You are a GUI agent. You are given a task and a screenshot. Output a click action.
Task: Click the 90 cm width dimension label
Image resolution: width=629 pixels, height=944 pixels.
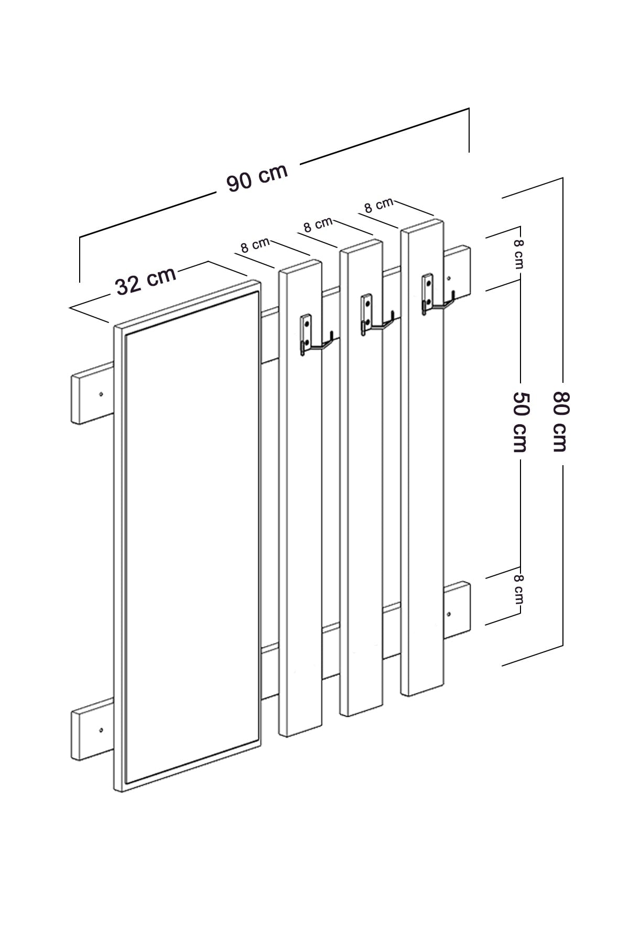[257, 177]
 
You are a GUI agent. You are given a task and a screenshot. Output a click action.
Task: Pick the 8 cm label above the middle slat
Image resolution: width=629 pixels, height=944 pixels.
[318, 224]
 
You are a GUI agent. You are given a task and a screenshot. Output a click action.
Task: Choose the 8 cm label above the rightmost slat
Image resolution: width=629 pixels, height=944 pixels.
[378, 205]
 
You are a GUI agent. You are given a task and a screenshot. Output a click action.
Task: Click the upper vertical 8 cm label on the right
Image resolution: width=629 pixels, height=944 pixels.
[518, 254]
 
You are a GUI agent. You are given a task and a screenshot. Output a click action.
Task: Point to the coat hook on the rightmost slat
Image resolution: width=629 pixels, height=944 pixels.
[434, 298]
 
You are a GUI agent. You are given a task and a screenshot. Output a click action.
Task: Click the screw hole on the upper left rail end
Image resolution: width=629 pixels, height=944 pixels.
[101, 393]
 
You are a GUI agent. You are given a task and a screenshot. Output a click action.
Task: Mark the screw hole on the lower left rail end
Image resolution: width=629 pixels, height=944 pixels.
[101, 730]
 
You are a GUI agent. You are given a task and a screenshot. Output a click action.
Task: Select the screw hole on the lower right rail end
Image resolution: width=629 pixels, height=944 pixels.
[449, 614]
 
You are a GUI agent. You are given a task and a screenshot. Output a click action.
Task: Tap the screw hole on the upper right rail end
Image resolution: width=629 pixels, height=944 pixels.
[449, 278]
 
